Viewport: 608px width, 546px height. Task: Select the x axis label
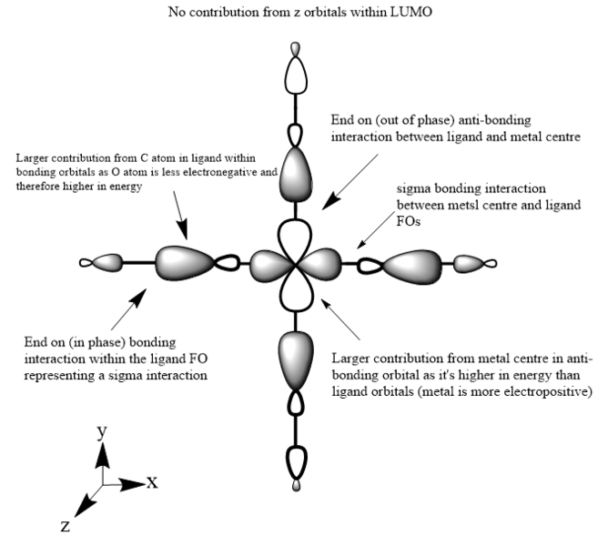point(153,481)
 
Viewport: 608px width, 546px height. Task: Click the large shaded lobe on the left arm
point(185,262)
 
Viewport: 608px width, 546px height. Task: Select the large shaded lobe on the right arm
point(412,265)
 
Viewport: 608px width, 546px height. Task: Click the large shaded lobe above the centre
point(297,175)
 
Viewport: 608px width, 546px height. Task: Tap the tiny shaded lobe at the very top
point(294,48)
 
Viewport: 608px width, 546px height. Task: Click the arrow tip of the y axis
point(104,449)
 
